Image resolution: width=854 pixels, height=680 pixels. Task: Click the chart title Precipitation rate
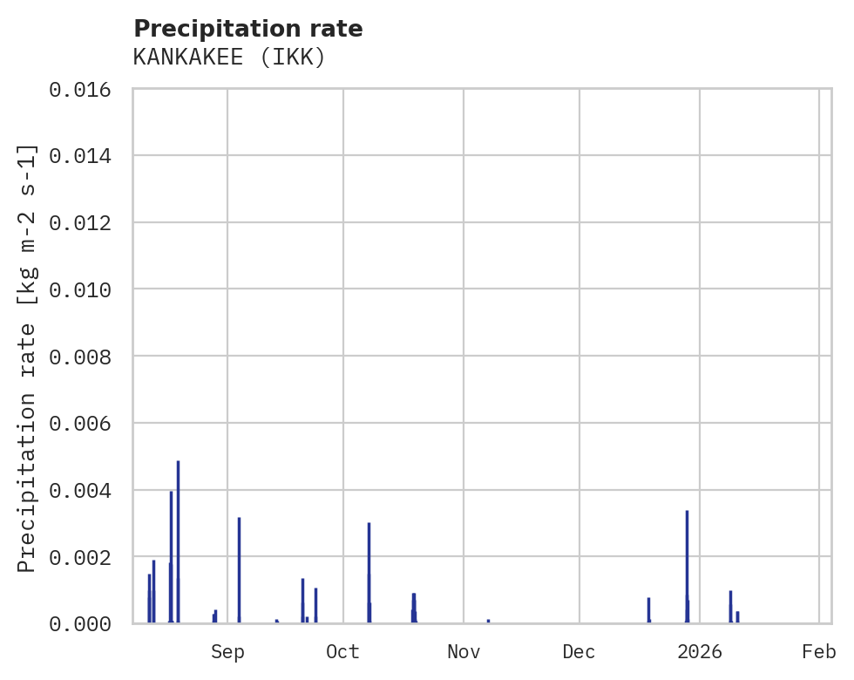pyautogui.click(x=248, y=29)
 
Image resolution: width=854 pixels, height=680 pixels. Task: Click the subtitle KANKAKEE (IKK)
pyautogui.click(x=229, y=58)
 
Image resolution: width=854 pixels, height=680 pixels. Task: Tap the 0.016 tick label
pyautogui.click(x=85, y=89)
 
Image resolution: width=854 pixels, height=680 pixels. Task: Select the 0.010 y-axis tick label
pyautogui.click(x=85, y=289)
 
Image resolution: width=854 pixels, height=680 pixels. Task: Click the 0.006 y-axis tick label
pyautogui.click(x=85, y=424)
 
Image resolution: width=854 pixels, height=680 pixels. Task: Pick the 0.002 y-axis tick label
pyautogui.click(x=85, y=557)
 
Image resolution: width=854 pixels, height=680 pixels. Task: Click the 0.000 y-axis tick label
pyautogui.click(x=85, y=624)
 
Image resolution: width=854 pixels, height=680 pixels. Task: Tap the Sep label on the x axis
pyautogui.click(x=227, y=651)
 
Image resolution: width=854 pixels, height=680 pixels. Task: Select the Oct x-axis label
pyautogui.click(x=343, y=651)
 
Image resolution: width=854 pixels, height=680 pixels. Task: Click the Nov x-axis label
pyautogui.click(x=464, y=651)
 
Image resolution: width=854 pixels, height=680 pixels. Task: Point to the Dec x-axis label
pyautogui.click(x=579, y=651)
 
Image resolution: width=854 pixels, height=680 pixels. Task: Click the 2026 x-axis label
pyautogui.click(x=700, y=651)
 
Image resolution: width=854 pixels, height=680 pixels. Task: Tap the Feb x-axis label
pyautogui.click(x=819, y=651)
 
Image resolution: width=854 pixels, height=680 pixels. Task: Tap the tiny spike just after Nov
pyautogui.click(x=488, y=621)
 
